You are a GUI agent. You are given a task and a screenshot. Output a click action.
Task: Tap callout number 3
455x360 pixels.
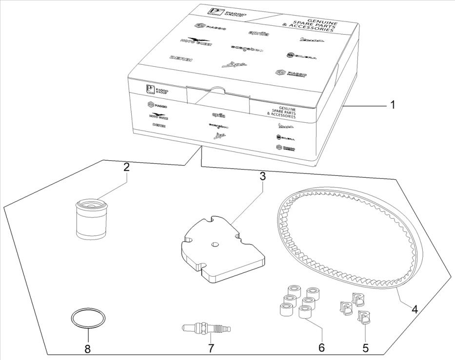pyautogui.click(x=262, y=176)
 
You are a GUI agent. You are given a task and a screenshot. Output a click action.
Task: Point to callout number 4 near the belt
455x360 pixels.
pyautogui.click(x=414, y=309)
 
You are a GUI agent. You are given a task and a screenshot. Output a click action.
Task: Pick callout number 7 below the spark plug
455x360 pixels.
pyautogui.click(x=211, y=349)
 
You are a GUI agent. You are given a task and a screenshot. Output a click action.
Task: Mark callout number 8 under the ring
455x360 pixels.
pyautogui.click(x=88, y=349)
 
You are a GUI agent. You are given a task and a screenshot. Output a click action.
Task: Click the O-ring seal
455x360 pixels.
pyautogui.click(x=88, y=319)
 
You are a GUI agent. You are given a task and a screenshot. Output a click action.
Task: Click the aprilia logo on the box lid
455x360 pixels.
pyautogui.click(x=258, y=33)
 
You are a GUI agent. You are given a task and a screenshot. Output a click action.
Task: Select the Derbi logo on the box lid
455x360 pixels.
pyautogui.click(x=180, y=58)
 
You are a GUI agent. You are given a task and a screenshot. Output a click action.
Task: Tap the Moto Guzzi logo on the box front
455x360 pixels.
pyautogui.click(x=158, y=115)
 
